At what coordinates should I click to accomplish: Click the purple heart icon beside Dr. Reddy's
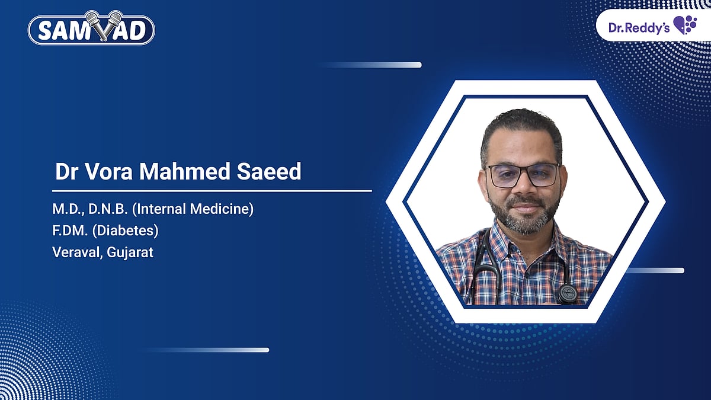pos(685,25)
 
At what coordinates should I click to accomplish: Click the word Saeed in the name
pos(272,172)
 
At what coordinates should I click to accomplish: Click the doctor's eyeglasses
pos(523,175)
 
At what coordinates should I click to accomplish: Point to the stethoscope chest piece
pos(567,292)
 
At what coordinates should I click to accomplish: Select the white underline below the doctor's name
pos(212,191)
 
